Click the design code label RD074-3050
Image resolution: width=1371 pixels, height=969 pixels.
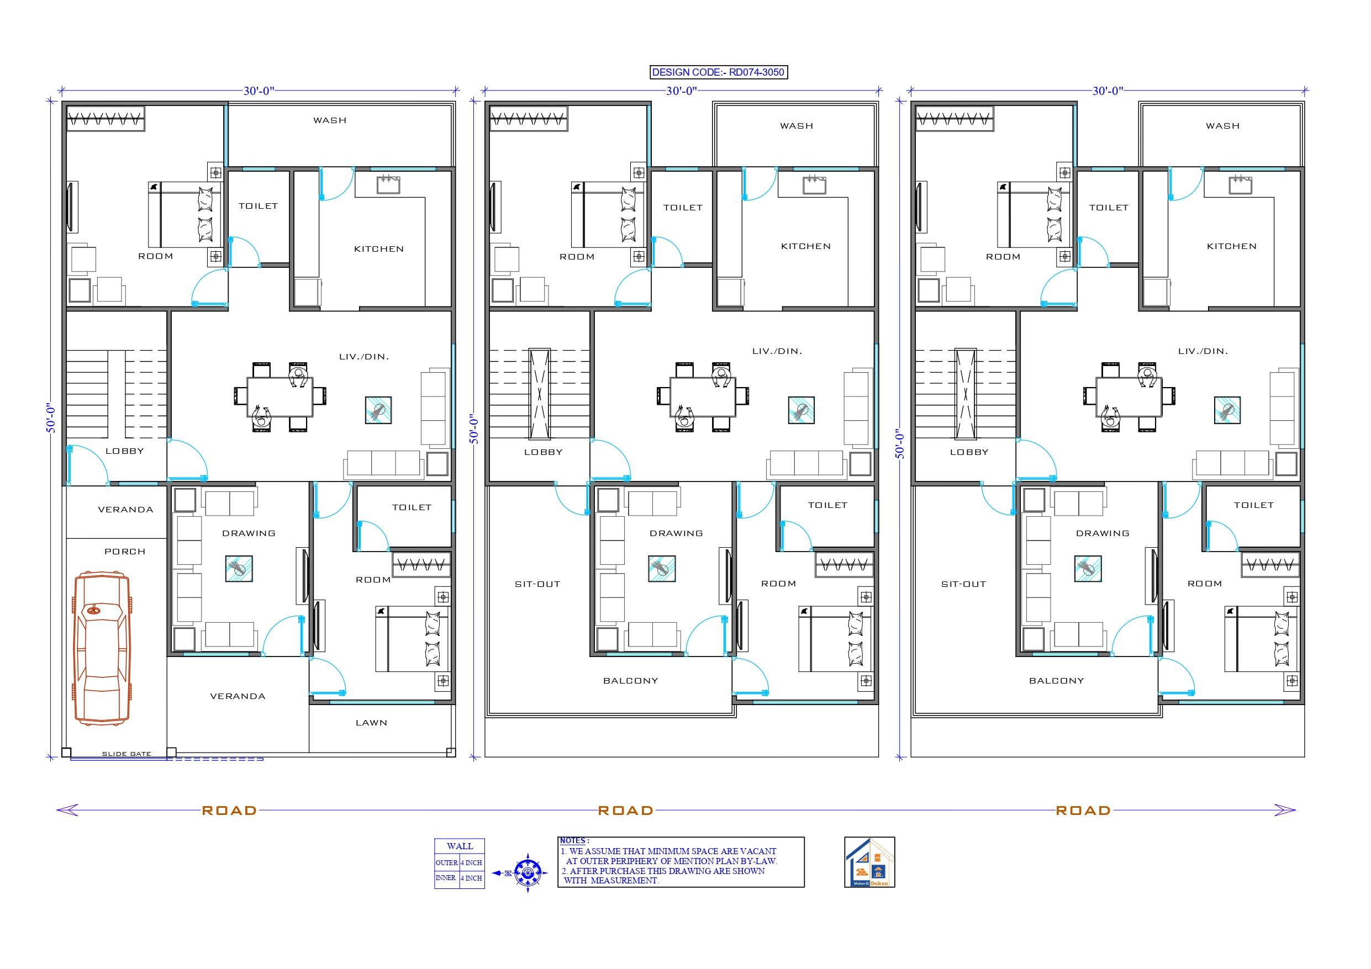[718, 72]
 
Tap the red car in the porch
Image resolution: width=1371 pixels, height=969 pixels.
[102, 648]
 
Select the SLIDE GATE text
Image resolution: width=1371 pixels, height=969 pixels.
[126, 754]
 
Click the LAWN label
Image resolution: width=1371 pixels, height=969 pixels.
[371, 722]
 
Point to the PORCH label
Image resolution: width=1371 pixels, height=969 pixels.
[125, 551]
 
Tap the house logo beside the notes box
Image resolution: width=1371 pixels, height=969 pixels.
[869, 861]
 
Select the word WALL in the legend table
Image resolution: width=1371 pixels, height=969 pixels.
[459, 846]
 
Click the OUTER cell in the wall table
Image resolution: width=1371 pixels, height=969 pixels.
[446, 863]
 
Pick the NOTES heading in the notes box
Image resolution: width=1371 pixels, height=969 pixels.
[574, 841]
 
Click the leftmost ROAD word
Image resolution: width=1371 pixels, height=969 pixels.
[229, 810]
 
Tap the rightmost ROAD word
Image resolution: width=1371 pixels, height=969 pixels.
[1083, 810]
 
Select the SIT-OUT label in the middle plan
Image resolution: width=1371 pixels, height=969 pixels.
[537, 584]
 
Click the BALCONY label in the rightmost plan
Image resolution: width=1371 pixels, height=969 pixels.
[1056, 681]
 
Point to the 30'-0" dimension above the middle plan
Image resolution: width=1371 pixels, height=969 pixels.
[681, 91]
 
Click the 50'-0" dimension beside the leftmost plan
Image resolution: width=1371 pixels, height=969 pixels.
[51, 417]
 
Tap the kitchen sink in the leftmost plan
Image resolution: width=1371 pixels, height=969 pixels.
[388, 184]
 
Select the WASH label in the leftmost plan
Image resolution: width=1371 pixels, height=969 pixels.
[330, 120]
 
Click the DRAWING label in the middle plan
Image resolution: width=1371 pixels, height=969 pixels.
[676, 533]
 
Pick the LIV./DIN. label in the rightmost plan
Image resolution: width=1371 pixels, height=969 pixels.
[1203, 351]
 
